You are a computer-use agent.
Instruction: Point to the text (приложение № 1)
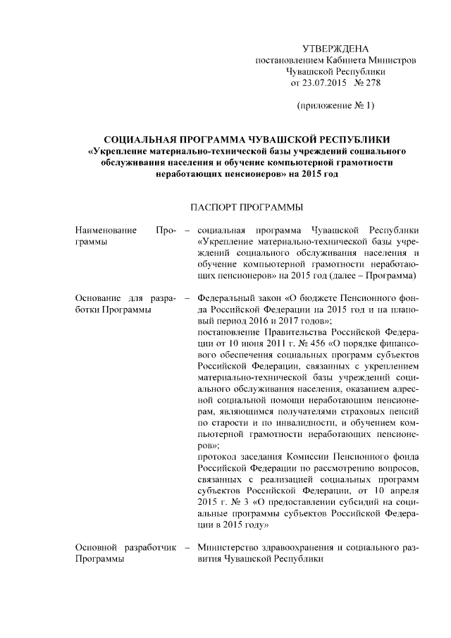pyautogui.click(x=335, y=106)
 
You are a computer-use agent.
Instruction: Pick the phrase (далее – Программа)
pyautogui.click(x=376, y=275)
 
